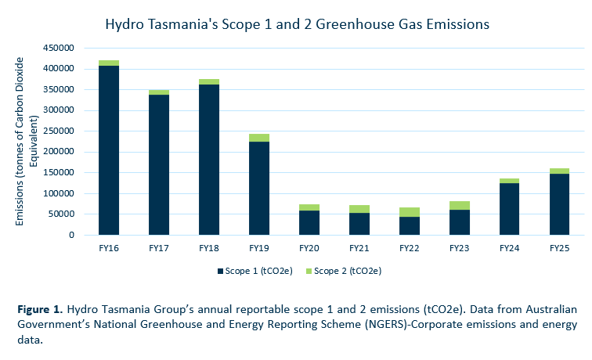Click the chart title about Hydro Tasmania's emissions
coord(297,24)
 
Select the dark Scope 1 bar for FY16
coord(109,149)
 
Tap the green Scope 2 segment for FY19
coord(259,138)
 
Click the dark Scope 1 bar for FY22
coord(410,225)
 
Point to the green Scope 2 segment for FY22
coord(410,212)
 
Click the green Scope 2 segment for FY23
coord(460,205)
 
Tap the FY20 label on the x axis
coord(309,247)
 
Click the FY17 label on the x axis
coord(159,247)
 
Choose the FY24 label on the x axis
coord(510,247)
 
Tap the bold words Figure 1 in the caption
coord(40,310)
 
